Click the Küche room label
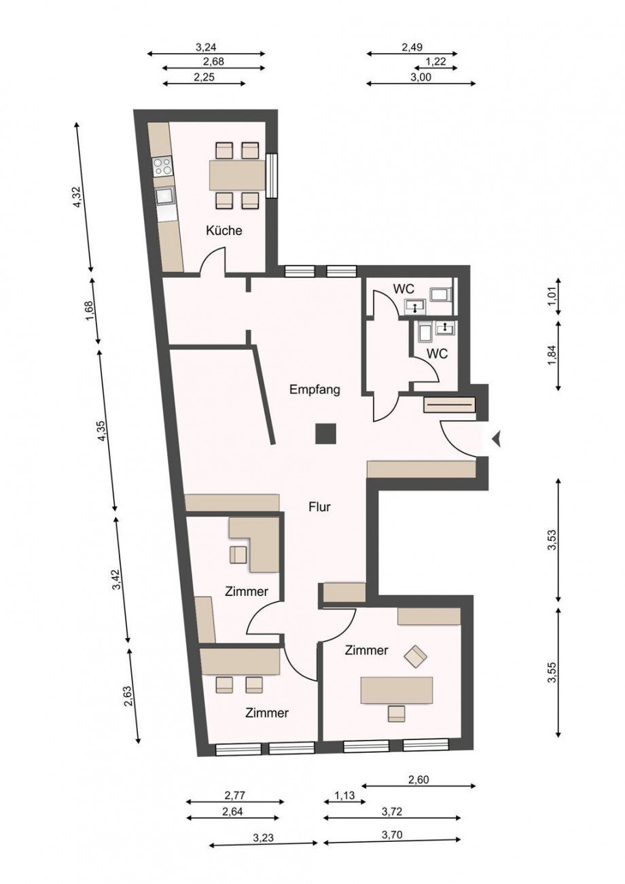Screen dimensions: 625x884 (x=224, y=230)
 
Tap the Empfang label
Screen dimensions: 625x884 (x=315, y=390)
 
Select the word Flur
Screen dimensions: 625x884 (x=319, y=507)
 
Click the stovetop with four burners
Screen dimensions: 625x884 (x=163, y=166)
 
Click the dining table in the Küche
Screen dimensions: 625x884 (x=237, y=175)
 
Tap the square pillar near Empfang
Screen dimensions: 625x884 (x=325, y=434)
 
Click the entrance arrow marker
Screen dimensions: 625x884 (x=497, y=439)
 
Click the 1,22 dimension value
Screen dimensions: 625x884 (x=435, y=62)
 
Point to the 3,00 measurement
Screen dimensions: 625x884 (x=421, y=77)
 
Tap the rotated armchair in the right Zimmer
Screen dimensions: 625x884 (x=416, y=656)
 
